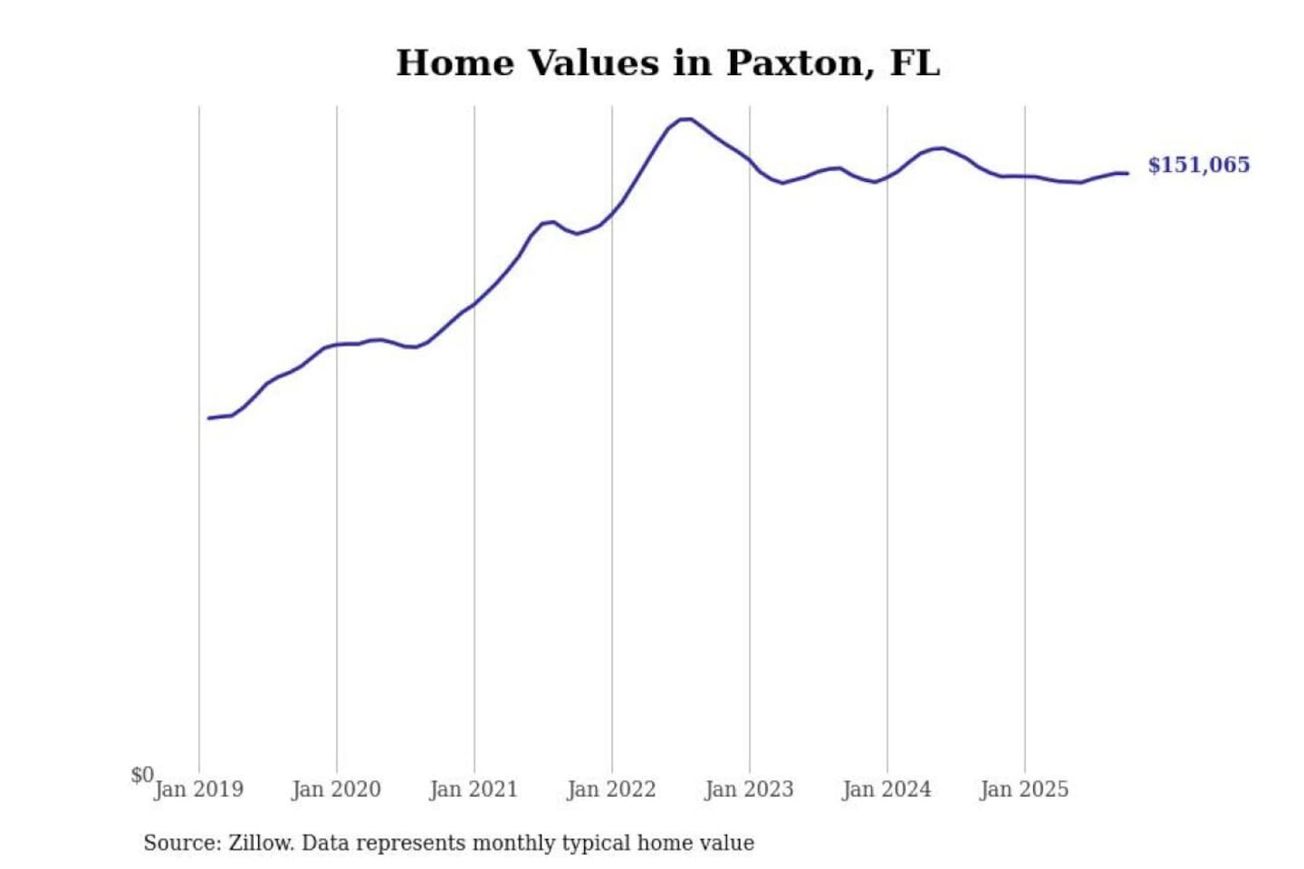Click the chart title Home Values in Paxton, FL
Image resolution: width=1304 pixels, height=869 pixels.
[667, 63]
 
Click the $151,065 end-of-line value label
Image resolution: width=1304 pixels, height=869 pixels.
[1198, 165]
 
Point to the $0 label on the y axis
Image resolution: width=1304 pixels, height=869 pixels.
[142, 775]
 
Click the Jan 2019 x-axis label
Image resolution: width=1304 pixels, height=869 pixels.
[198, 789]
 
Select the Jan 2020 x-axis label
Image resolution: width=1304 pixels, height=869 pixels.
[336, 789]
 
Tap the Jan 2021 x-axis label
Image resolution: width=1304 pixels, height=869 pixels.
[474, 789]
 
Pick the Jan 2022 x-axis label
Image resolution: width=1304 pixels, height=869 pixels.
[611, 789]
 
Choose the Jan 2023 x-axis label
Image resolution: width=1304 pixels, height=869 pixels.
[749, 789]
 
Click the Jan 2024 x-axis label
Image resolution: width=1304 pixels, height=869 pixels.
[887, 789]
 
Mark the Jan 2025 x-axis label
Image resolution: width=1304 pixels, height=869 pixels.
[1024, 789]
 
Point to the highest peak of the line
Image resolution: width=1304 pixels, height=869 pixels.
[686, 119]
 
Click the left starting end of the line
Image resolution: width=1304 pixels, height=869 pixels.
[209, 418]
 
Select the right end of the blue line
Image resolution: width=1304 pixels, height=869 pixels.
[1127, 173]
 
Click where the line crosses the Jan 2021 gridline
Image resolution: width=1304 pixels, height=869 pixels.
[475, 303]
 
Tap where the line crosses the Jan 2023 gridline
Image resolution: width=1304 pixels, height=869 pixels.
[750, 160]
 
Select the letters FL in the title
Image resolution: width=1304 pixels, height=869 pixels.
[915, 63]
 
